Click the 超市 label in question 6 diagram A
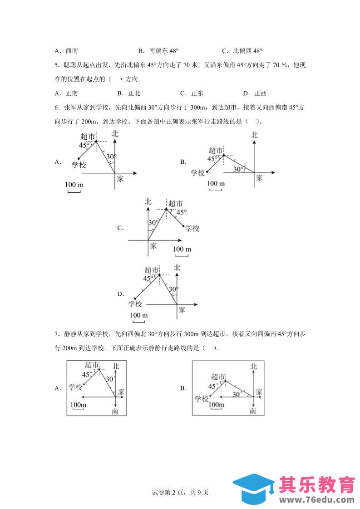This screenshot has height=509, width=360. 87,136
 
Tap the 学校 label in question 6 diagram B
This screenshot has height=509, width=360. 198,172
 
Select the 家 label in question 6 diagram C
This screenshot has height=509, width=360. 153,245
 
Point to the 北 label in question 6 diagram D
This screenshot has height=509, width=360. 177,268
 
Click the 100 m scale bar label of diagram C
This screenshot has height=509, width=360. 182,249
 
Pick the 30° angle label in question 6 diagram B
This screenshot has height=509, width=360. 237,169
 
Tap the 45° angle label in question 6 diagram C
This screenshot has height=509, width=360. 181,212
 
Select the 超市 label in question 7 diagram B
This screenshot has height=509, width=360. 218,377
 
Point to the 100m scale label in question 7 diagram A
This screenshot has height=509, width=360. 79,404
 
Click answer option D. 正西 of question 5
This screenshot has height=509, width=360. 255,93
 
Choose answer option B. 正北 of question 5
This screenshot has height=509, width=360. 129,93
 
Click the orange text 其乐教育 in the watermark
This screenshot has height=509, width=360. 317,485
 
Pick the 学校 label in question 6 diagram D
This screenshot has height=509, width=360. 135,304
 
